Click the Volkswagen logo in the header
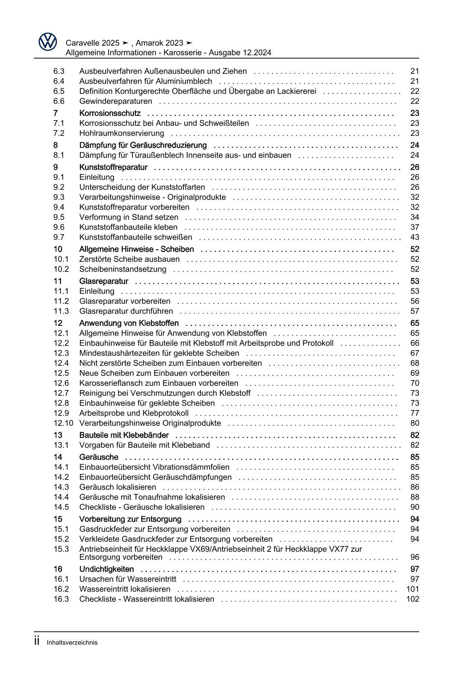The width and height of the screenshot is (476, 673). pyautogui.click(x=48, y=41)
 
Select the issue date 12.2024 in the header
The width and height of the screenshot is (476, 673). pyautogui.click(x=257, y=53)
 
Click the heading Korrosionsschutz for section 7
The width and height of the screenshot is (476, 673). pyautogui.click(x=110, y=113)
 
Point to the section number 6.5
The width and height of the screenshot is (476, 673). pyautogui.click(x=59, y=91)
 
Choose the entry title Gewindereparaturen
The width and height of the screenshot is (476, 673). pyautogui.click(x=116, y=101)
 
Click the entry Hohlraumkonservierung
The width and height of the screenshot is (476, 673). pyautogui.click(x=121, y=133)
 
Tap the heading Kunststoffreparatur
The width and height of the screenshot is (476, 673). pyautogui.click(x=113, y=167)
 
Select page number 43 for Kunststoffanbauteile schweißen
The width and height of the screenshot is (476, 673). pyautogui.click(x=415, y=237)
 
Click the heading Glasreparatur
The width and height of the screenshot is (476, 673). pyautogui.click(x=104, y=281)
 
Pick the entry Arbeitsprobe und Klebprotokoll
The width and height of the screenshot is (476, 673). pyautogui.click(x=134, y=413)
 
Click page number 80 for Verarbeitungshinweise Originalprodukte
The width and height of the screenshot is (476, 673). pyautogui.click(x=415, y=423)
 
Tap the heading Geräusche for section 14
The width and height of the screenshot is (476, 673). pyautogui.click(x=99, y=457)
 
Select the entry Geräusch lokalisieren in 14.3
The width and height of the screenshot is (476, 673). pyautogui.click(x=117, y=487)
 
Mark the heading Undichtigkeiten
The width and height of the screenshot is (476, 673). pyautogui.click(x=106, y=569)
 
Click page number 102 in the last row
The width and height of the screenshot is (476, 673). pyautogui.click(x=413, y=599)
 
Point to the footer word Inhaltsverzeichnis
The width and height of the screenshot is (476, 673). pyautogui.click(x=72, y=643)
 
